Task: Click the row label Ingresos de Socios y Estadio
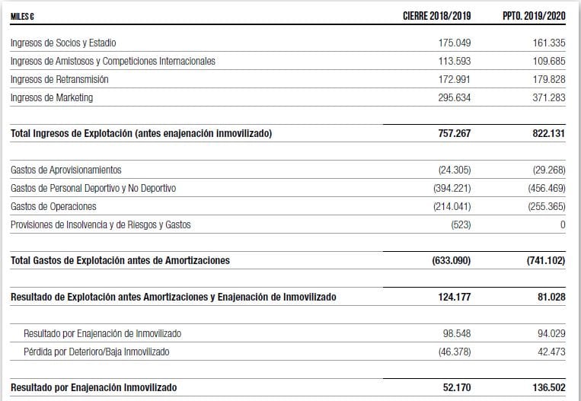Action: (x=63, y=43)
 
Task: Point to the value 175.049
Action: (x=455, y=43)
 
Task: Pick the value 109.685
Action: (x=549, y=61)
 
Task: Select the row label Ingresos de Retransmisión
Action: (x=59, y=79)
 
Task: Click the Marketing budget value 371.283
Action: (x=549, y=97)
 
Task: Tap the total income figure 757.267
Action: (x=454, y=133)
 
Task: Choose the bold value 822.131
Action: (x=548, y=133)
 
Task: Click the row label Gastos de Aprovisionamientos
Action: (x=66, y=170)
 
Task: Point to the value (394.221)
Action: (x=452, y=188)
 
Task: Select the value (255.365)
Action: (x=546, y=206)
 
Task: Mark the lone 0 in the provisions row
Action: (x=562, y=224)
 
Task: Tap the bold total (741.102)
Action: (x=545, y=260)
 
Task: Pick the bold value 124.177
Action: (x=454, y=297)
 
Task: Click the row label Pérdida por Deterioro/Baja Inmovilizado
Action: (x=97, y=352)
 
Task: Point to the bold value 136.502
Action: (x=548, y=387)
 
